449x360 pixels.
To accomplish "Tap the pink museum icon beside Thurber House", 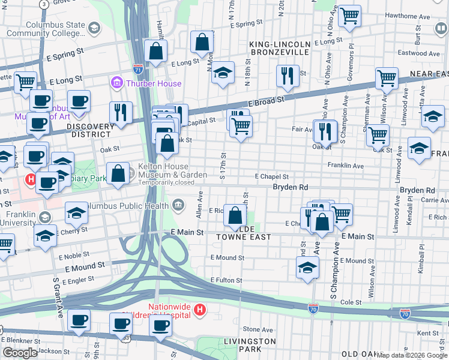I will click(x=116, y=82).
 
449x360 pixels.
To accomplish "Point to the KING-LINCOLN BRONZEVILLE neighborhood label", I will click(x=280, y=49).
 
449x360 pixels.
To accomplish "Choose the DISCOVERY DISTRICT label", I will click(x=90, y=127).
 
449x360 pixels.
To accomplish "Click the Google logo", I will click(x=20, y=353).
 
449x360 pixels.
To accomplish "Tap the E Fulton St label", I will click(x=226, y=280).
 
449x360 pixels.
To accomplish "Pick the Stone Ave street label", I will click(x=258, y=329).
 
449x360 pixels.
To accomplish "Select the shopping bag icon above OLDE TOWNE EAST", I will click(x=235, y=215).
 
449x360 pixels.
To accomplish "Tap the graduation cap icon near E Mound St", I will click(x=307, y=268).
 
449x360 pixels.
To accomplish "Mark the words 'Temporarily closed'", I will click(x=164, y=182).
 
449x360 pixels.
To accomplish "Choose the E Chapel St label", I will click(x=271, y=177).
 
